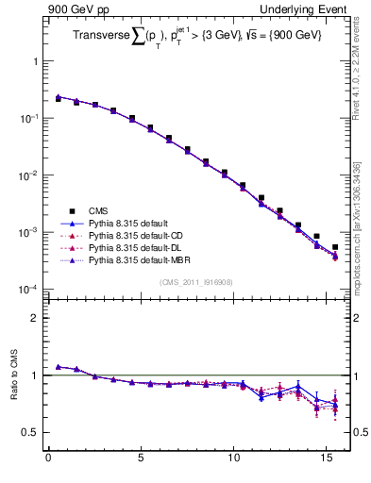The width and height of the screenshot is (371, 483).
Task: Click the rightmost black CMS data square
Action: point(335,247)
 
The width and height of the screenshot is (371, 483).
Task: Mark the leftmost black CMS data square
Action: point(59,98)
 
